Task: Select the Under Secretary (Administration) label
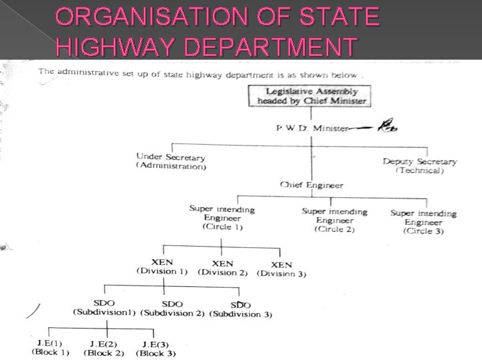171,161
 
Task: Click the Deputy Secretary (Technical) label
420,166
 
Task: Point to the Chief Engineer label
312,185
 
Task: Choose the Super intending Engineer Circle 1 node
222,218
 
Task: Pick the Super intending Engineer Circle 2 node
335,220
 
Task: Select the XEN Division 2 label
222,268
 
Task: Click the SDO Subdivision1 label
104,308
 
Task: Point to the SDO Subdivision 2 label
172,309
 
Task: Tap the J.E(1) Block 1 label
50,347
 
